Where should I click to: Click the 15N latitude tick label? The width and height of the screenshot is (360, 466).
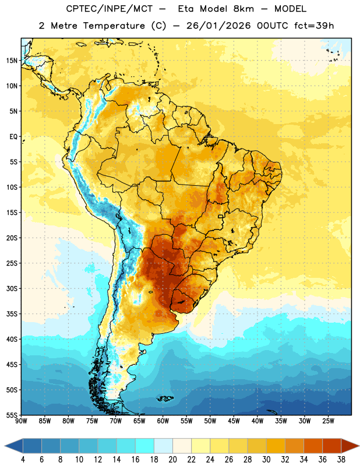click(x=12, y=61)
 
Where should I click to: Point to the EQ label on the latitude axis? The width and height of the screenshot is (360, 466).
click(x=13, y=137)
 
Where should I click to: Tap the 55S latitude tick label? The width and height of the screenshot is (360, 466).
click(x=12, y=415)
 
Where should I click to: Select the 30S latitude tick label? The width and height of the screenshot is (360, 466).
click(x=12, y=288)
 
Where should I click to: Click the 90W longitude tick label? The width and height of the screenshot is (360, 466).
click(x=21, y=421)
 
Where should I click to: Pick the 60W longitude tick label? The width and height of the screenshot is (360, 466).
click(x=163, y=421)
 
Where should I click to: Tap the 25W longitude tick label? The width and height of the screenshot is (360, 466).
click(x=328, y=421)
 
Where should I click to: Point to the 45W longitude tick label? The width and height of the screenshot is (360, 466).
click(x=234, y=421)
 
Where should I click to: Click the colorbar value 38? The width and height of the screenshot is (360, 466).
click(x=341, y=460)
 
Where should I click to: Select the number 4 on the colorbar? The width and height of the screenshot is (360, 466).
click(x=23, y=460)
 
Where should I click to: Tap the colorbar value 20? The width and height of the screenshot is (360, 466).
click(x=172, y=460)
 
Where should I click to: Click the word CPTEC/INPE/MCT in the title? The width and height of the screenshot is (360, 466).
click(x=110, y=9)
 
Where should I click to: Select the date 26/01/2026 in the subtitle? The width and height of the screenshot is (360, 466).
click(x=218, y=26)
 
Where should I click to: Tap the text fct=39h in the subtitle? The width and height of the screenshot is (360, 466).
click(x=314, y=26)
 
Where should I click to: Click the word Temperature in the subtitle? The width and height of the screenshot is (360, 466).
click(x=114, y=26)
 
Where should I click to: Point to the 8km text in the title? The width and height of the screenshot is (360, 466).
click(x=243, y=9)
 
